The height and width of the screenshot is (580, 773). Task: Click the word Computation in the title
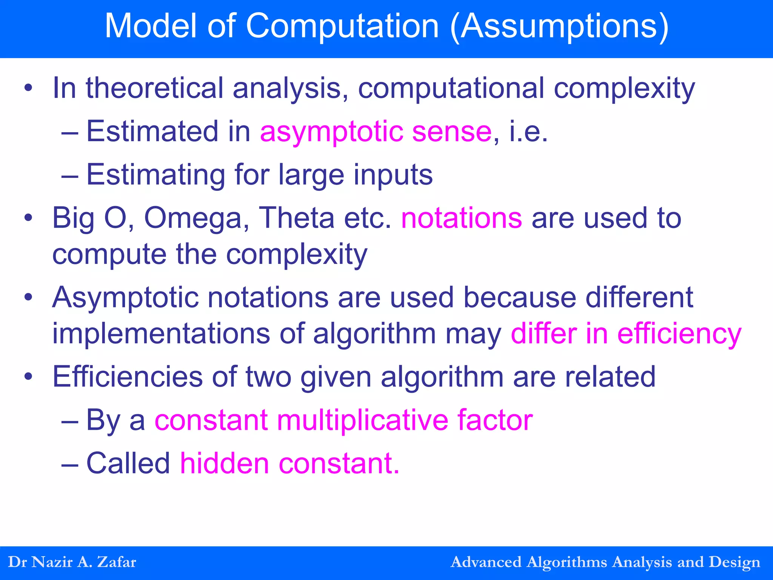click(x=342, y=26)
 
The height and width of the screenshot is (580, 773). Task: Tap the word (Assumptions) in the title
click(x=559, y=26)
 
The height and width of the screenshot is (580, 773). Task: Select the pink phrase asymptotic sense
click(x=376, y=131)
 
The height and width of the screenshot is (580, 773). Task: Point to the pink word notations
click(x=462, y=218)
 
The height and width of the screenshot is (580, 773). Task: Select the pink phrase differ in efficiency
click(x=626, y=334)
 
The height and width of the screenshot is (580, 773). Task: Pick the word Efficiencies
click(x=128, y=376)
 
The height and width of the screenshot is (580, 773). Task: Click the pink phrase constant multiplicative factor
click(x=343, y=420)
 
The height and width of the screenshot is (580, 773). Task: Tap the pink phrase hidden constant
click(x=289, y=463)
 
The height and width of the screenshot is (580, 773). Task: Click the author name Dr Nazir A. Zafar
click(x=72, y=562)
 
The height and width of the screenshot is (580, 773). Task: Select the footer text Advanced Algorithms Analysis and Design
click(x=605, y=562)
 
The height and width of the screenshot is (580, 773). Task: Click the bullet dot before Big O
click(x=28, y=218)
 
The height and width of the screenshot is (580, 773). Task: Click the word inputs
click(x=393, y=175)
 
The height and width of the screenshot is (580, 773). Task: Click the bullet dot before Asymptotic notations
click(x=28, y=298)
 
